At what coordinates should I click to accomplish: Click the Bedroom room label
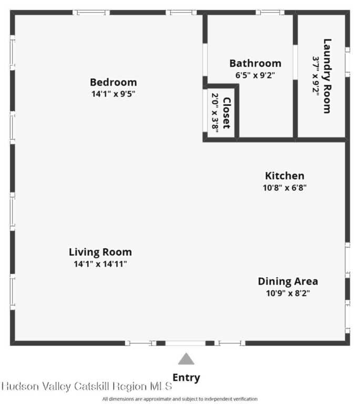point(113,83)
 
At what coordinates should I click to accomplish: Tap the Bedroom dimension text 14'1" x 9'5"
point(113,94)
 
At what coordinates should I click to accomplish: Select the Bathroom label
point(255,63)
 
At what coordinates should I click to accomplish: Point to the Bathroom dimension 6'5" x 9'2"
point(255,75)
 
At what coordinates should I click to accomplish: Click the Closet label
point(227,113)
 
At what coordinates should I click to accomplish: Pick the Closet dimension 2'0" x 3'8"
point(215,113)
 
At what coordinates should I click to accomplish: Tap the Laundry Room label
point(327,76)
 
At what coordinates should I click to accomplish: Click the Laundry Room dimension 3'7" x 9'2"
point(316,76)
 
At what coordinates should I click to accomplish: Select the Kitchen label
point(285,176)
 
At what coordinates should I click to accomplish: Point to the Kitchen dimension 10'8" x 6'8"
point(285,188)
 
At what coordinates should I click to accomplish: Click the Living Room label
point(100,252)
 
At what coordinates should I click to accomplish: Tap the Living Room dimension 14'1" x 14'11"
point(100,264)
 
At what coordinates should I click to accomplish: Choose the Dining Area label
point(288,281)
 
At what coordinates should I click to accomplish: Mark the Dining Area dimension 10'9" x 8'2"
point(288,293)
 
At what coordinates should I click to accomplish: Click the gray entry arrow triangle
point(186,359)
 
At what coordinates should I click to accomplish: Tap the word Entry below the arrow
point(186,378)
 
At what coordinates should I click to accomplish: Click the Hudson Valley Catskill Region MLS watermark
point(87,386)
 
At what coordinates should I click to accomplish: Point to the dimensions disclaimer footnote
point(180,399)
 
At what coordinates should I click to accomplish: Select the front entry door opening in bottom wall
point(186,343)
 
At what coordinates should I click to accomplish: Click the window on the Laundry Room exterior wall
point(347,62)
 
